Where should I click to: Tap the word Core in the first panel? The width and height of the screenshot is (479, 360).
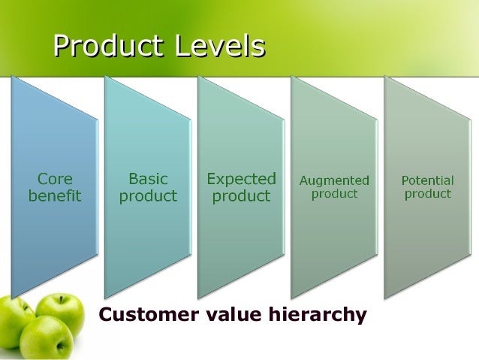55,180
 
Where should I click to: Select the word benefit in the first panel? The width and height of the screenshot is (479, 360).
55,196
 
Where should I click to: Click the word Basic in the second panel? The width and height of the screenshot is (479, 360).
149,180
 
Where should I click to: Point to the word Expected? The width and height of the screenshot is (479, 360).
241,180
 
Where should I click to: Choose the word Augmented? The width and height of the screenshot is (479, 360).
334,180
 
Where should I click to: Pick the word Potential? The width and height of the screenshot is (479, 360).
428,180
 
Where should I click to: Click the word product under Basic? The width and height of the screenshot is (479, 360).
149,196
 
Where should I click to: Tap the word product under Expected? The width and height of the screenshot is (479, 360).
241,196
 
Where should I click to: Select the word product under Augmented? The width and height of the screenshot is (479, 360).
334,193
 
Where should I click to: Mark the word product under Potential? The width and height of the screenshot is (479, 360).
428,193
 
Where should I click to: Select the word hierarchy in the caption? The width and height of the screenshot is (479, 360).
318,314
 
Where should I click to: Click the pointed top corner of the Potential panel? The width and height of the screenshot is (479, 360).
386,77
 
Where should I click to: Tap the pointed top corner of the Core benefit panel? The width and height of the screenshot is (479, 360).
13,77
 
